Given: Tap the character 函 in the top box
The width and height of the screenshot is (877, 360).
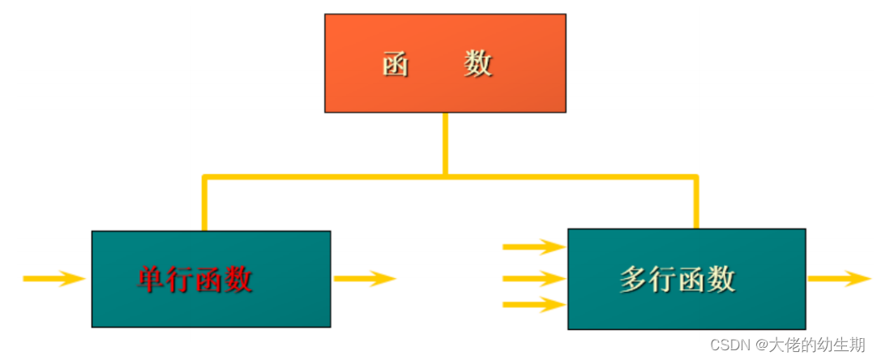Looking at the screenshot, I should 396,64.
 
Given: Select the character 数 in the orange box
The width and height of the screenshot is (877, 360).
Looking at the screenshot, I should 478,63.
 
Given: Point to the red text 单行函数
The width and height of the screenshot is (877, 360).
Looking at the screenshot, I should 195,280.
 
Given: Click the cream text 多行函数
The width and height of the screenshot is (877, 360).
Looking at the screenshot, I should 677,280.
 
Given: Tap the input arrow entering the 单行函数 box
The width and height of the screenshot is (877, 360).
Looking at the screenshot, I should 53,279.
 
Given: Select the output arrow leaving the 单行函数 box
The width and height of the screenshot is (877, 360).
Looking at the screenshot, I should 364,279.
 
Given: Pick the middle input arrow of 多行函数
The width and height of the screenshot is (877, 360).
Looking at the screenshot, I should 533,279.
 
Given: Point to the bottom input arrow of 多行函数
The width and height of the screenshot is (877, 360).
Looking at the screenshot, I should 533,305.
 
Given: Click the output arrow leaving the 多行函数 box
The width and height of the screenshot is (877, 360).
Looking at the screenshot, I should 839,279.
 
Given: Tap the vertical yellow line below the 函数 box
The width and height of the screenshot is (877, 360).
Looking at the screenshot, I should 445,144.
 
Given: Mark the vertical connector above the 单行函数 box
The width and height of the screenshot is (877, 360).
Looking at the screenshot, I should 204,203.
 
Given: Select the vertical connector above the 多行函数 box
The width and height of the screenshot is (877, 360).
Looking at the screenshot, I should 695,202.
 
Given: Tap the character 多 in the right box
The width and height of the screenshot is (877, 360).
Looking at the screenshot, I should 634,280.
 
